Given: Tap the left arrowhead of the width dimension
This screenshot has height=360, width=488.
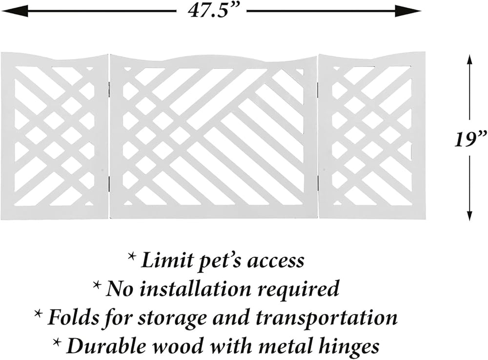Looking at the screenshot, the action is [x=10, y=10].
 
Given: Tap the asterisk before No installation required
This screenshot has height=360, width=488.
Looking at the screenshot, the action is [x=97, y=285].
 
